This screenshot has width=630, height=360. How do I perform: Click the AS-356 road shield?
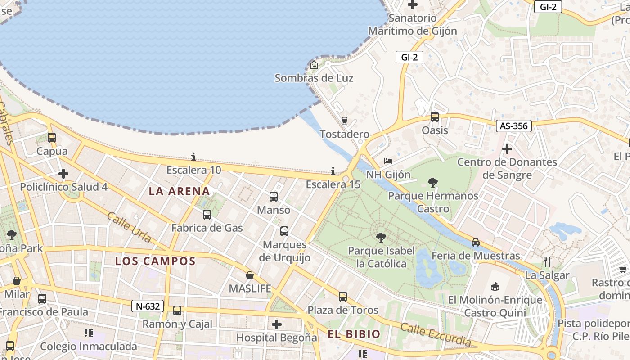click(513, 126)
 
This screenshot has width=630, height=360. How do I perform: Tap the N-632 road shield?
click(148, 306)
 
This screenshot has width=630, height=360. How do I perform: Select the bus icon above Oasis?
click(434, 117)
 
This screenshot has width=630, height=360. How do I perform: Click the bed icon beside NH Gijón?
click(388, 161)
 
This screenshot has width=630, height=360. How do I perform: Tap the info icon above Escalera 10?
click(193, 157)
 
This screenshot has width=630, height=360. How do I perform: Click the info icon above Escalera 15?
click(333, 171)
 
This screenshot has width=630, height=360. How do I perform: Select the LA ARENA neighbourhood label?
click(180, 191)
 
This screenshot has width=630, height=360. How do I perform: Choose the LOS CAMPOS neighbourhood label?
click(155, 261)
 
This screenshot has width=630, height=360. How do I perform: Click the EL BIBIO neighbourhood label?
click(354, 334)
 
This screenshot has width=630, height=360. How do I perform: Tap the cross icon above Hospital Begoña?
click(277, 324)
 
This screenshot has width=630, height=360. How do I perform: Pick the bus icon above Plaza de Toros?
click(343, 296)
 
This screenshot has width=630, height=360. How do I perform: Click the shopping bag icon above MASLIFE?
click(250, 275)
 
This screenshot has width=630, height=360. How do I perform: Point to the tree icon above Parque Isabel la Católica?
click(381, 237)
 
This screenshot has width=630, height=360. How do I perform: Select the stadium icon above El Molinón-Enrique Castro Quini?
click(495, 286)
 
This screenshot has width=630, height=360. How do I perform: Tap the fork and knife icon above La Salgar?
click(547, 261)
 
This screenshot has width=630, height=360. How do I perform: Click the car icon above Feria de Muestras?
click(476, 243)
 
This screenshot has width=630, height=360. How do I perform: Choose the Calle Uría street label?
click(129, 227)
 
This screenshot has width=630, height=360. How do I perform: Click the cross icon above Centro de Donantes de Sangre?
click(507, 148)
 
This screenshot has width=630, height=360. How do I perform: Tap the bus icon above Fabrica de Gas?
click(207, 215)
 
